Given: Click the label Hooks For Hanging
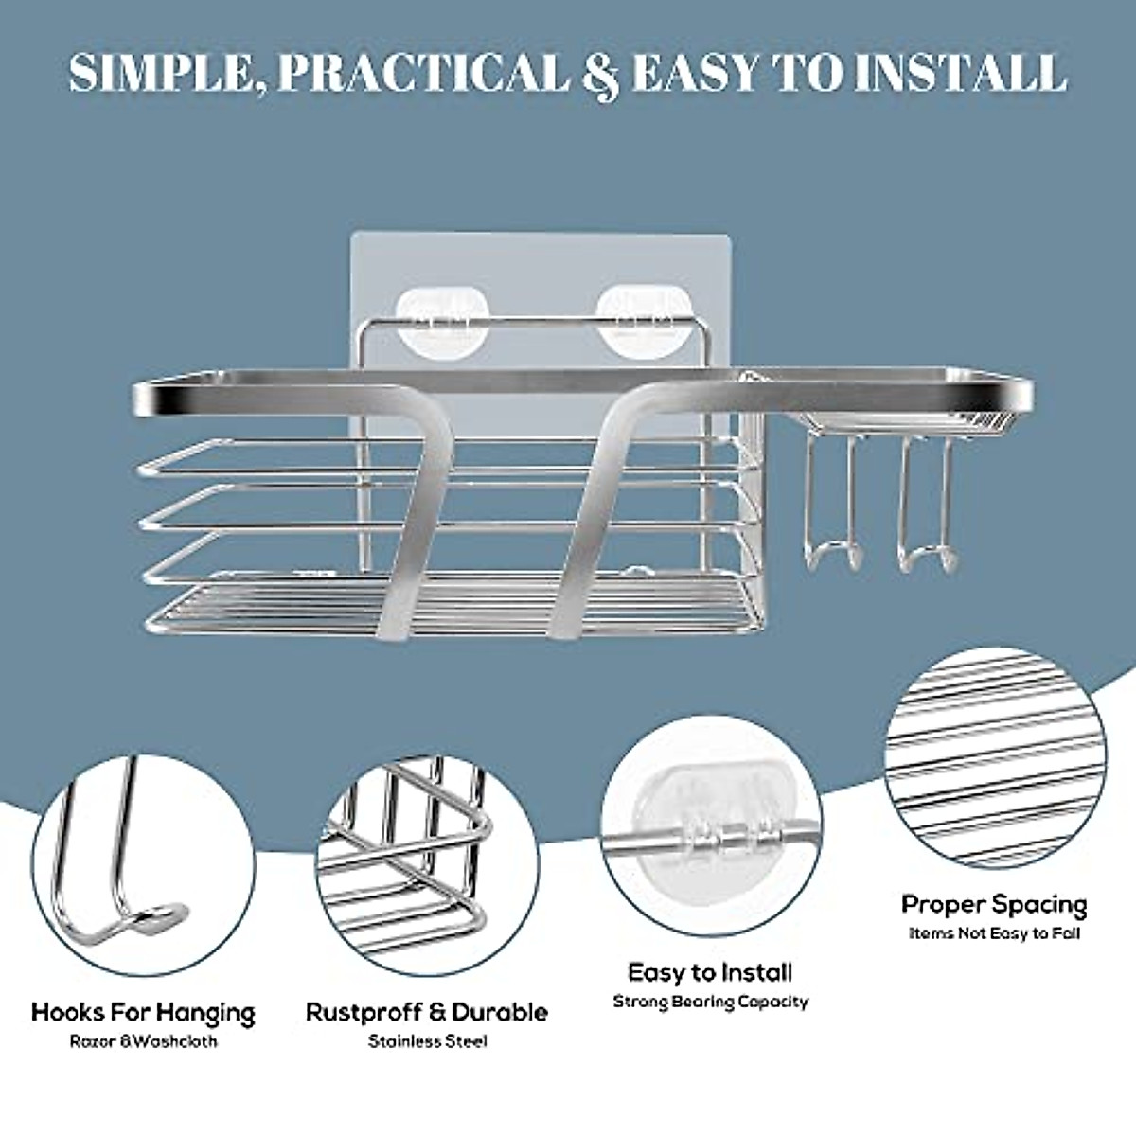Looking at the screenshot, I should tap(144, 1012).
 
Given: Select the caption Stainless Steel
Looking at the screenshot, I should tap(427, 1042).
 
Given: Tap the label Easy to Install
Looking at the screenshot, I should tap(710, 972).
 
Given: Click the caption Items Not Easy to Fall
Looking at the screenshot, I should tap(994, 933).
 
